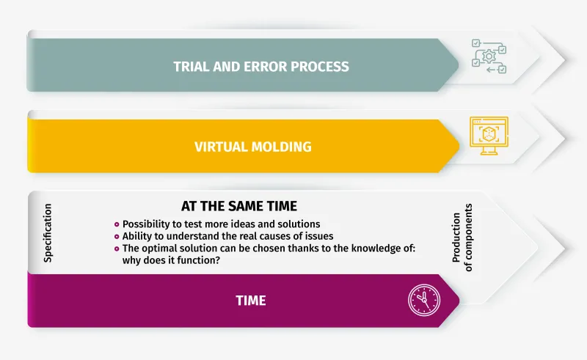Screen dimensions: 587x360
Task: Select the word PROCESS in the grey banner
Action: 320,67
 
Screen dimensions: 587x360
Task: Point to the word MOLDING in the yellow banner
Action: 282,147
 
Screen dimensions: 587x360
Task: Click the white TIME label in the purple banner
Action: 251,301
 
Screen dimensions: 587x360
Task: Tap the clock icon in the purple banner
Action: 424,300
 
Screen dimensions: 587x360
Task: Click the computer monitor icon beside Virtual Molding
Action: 489,136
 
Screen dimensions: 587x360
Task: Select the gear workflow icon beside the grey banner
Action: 489,56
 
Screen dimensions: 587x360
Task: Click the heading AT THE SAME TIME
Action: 239,206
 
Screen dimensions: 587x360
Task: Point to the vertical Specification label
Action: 48,232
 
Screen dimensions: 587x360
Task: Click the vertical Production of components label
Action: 462,238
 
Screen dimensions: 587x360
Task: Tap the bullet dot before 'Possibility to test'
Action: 117,224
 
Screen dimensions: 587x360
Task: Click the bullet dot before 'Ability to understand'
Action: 117,237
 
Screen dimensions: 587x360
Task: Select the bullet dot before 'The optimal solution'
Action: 117,249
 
